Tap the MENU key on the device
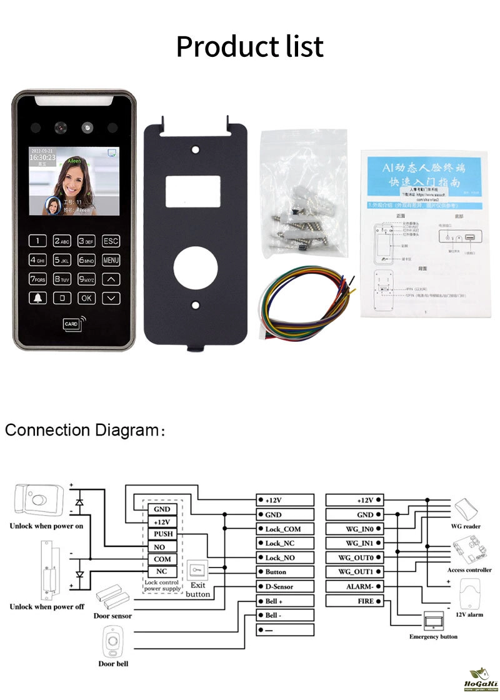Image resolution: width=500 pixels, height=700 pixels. point(111,260)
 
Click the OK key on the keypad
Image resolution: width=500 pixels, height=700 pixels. point(86,298)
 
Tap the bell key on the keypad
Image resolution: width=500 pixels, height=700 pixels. point(39,298)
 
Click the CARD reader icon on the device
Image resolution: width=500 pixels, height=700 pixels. point(74,324)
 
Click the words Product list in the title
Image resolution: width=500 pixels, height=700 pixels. point(250,46)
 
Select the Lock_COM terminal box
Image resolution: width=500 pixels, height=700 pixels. point(285,529)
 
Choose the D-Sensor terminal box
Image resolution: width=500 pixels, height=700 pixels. point(285,586)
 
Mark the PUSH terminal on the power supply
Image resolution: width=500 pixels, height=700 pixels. point(162,534)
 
